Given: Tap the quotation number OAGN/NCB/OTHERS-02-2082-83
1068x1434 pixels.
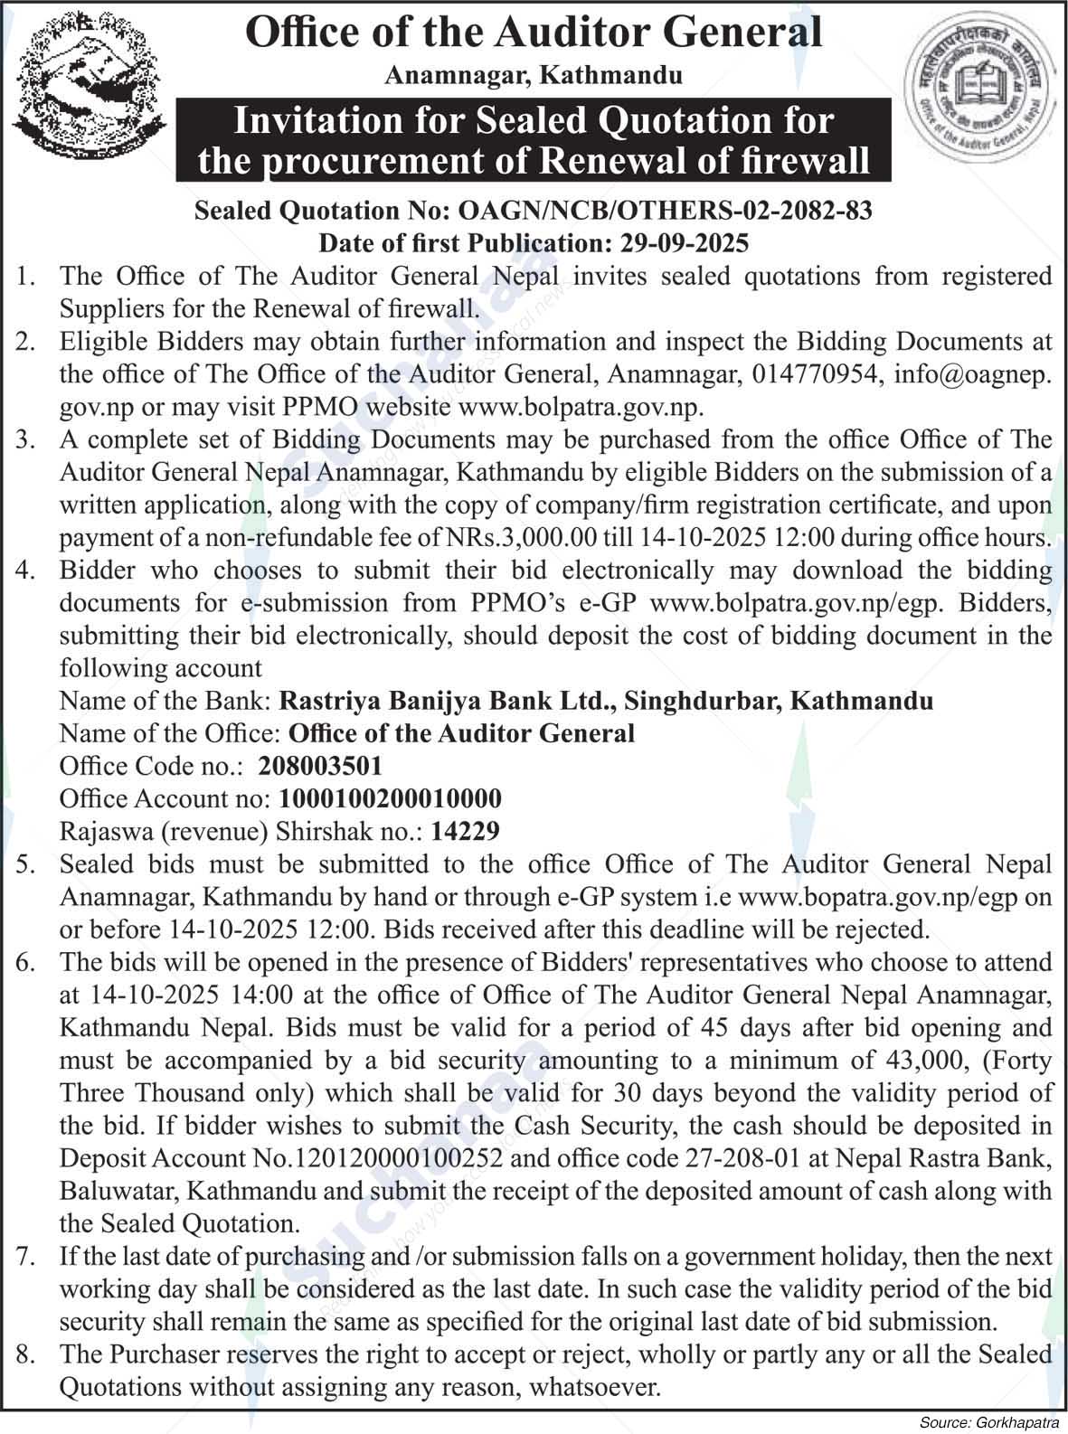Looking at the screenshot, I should (x=666, y=211).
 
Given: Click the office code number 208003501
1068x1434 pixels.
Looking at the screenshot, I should (x=320, y=766).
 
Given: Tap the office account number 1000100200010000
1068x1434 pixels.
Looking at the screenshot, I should (x=391, y=798).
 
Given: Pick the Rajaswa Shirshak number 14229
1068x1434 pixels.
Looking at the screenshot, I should (x=466, y=831).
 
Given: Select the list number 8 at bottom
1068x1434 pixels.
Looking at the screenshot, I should (x=24, y=1354).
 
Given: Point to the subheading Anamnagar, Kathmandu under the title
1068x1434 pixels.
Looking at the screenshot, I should (x=534, y=75).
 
